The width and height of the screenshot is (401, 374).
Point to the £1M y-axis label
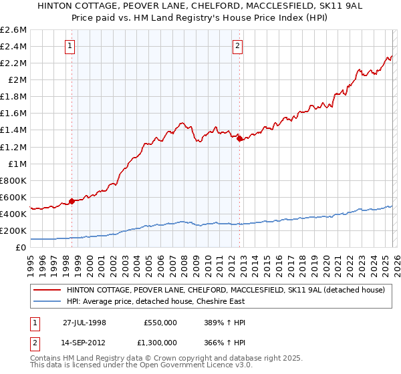17,164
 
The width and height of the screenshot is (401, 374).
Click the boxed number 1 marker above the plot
71,46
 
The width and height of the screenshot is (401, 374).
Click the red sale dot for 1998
72,201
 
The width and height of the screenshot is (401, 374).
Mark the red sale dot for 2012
238,138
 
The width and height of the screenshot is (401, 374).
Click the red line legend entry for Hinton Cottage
225,291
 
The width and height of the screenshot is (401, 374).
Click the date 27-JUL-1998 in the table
84,322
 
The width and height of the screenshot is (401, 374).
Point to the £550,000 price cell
160,322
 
